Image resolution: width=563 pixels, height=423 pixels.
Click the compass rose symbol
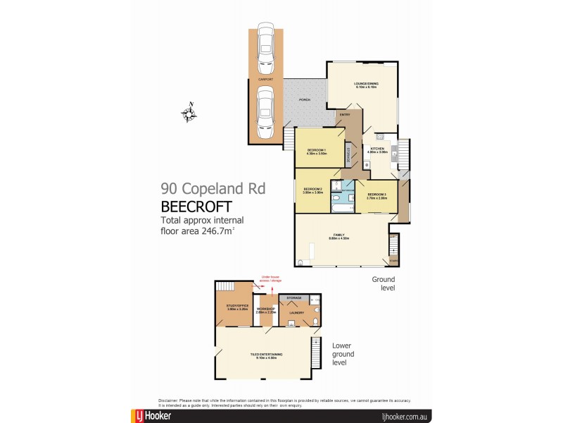click(189, 114)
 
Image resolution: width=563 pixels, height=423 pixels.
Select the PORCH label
click(305, 99)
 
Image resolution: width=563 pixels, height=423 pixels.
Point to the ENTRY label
click(345, 114)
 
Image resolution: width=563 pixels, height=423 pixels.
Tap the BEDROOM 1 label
click(317, 151)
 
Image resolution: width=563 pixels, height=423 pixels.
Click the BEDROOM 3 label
click(377, 196)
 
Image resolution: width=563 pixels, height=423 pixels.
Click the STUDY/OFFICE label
click(237, 306)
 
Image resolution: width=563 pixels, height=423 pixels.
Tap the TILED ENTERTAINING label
click(266, 354)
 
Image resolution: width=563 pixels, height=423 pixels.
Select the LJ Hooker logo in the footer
click(151, 416)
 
